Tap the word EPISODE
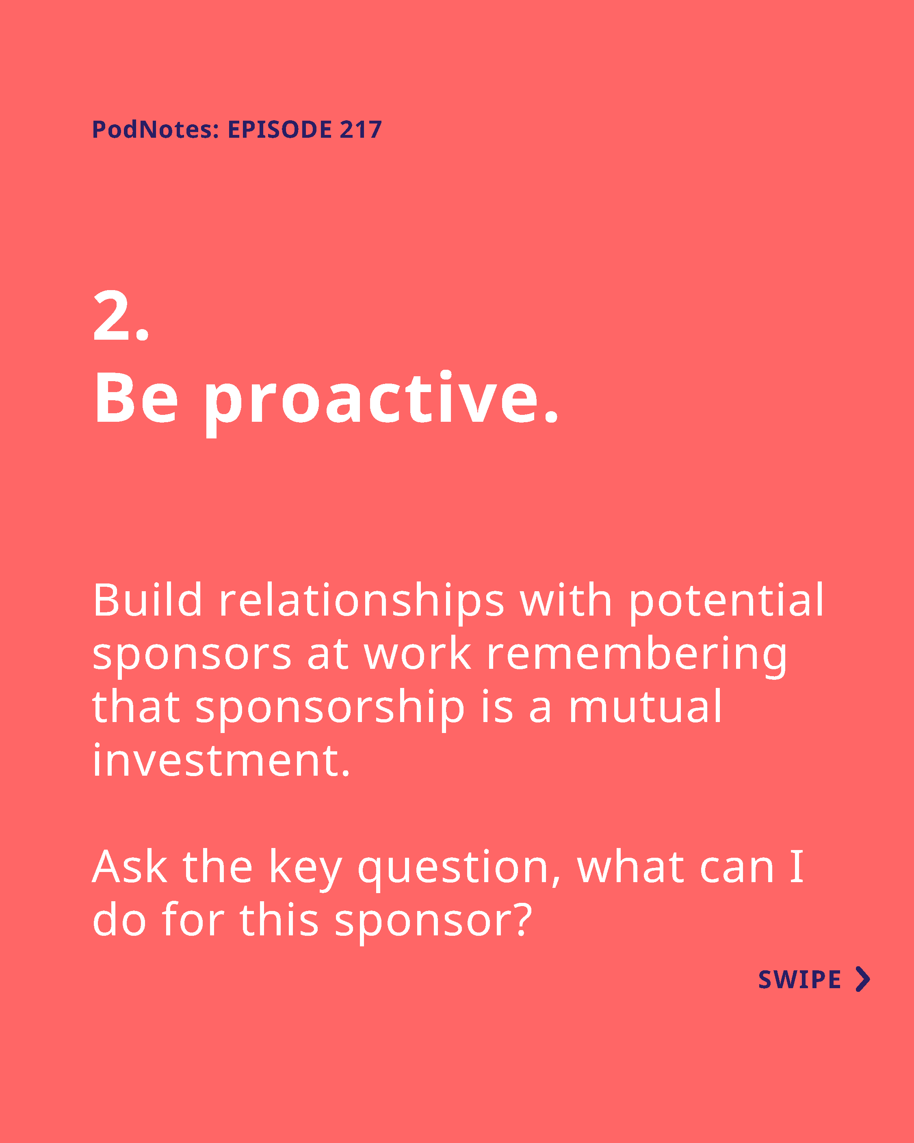(x=279, y=129)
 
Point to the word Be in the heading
(x=136, y=398)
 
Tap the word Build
(x=147, y=600)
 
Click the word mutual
(x=645, y=706)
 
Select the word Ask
(x=130, y=867)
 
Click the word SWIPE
(x=799, y=980)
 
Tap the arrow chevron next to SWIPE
(x=863, y=979)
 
